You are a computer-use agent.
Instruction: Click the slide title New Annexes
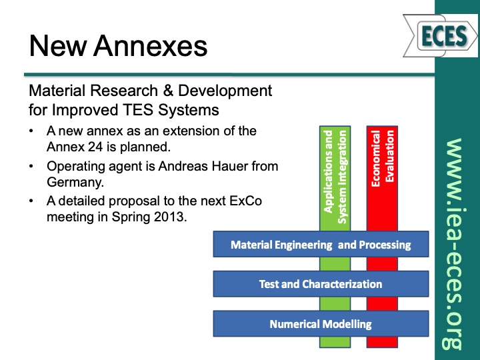(118, 47)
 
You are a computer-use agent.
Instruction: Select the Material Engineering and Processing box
(321, 245)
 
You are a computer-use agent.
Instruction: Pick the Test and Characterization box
(321, 284)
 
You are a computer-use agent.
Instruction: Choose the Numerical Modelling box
(321, 325)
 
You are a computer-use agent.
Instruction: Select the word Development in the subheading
(219, 90)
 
